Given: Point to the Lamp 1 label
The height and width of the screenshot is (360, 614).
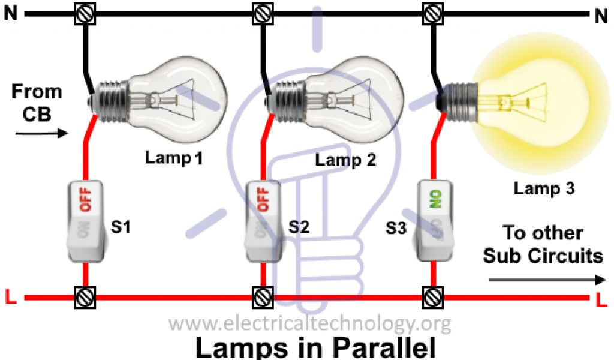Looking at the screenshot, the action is coord(174,159).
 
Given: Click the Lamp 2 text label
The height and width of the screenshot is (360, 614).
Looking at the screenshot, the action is coord(345,160).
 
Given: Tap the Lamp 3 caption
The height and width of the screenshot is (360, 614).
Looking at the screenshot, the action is coord(544,188).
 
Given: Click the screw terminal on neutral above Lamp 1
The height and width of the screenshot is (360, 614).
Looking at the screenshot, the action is coord(85,14).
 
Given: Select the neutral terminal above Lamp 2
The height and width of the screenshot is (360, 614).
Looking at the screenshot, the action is coord(261,14).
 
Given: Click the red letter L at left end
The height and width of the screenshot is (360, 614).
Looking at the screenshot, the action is coord(9,296).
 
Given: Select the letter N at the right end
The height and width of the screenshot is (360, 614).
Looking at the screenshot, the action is coord(601,17).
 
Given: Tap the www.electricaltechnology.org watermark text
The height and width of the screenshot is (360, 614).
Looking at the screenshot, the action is coord(309,325).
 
